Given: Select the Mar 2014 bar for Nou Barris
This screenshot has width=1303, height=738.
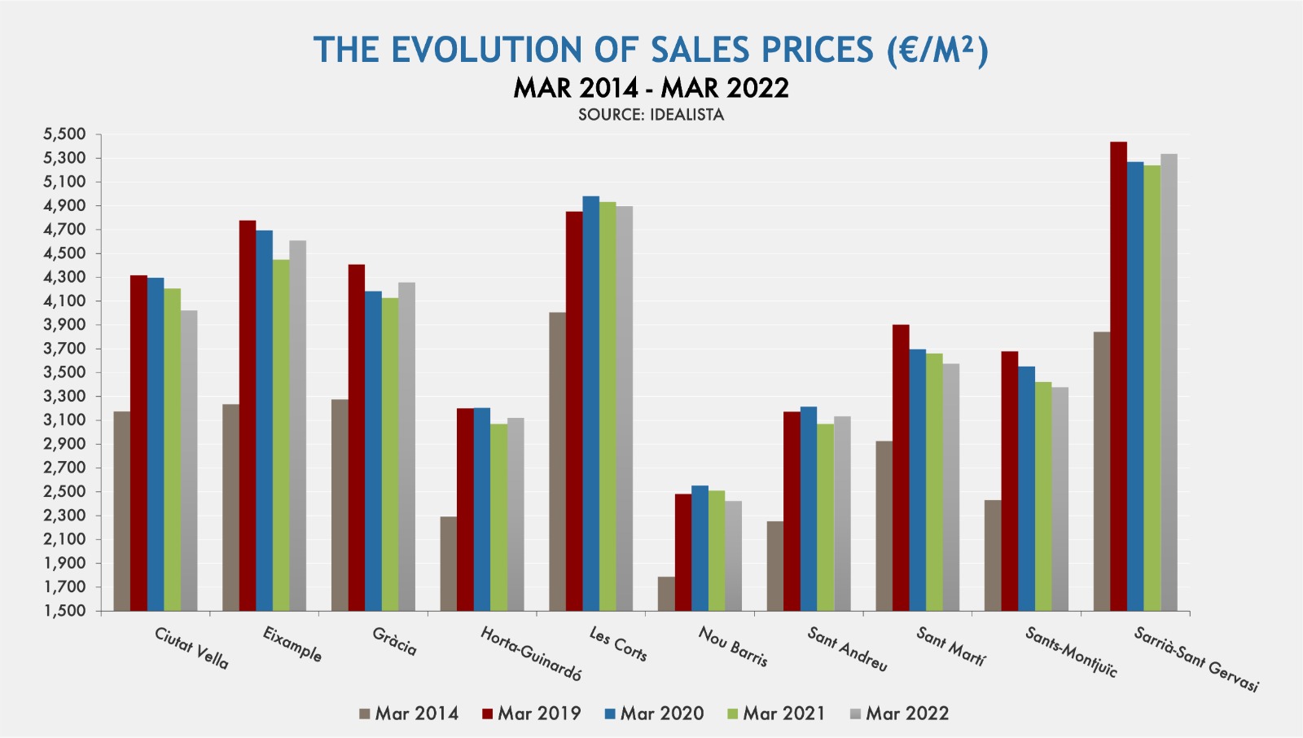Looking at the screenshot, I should coord(666,594).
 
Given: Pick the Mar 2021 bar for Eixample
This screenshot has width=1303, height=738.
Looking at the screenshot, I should coord(281,435).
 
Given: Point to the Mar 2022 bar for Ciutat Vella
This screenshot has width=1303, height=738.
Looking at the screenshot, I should coord(189,460).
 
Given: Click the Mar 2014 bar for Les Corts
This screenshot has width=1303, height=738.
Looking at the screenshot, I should coord(557,461).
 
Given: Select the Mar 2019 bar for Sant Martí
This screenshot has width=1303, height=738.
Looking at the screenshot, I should coord(901,468).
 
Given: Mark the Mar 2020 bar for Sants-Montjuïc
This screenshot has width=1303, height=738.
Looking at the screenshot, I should coord(1026,489).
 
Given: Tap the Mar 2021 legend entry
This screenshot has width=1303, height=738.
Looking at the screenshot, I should coord(776,714).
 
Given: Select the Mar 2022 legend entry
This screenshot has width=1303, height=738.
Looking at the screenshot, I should coord(899,714).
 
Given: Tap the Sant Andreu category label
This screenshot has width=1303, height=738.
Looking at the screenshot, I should coord(847,649).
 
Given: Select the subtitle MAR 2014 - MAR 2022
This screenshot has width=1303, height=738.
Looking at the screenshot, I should coord(651,88).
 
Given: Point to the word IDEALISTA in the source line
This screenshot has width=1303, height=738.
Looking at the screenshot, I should coord(687,115).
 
